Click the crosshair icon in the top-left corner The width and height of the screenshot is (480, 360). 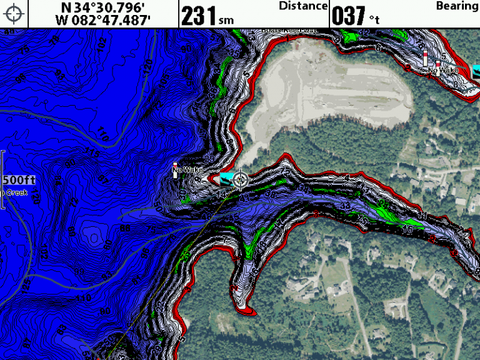[x=14, y=13]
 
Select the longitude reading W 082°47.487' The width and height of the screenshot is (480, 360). [x=104, y=20]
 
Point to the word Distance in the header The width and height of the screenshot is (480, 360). [x=303, y=6]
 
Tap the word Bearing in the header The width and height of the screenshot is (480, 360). [x=457, y=6]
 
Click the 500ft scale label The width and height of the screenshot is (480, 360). [x=19, y=180]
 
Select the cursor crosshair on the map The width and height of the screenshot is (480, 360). [x=239, y=181]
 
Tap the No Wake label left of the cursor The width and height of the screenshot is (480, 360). [x=185, y=169]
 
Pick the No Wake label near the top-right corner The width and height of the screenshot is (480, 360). [x=444, y=71]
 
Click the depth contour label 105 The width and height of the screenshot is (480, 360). [x=164, y=80]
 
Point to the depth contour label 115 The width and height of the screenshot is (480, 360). [x=94, y=154]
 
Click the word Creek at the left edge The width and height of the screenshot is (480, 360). [x=15, y=192]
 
